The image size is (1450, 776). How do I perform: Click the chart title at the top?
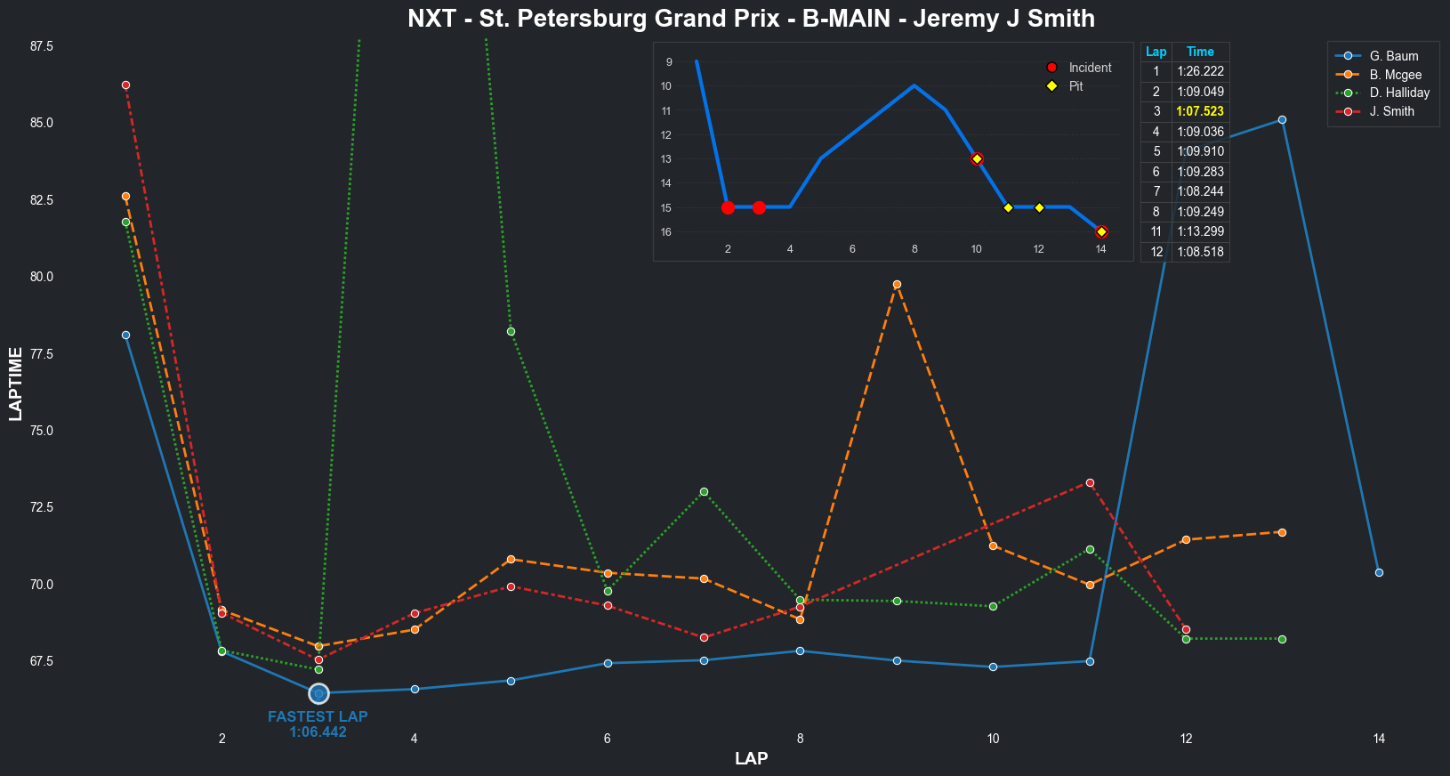(751, 19)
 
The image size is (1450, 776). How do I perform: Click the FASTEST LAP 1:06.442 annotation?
(318, 724)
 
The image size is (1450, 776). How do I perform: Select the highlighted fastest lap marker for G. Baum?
(318, 693)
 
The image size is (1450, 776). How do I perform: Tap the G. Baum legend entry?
(1393, 56)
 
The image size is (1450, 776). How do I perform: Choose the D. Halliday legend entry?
(1399, 93)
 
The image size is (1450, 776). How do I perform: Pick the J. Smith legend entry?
(1391, 111)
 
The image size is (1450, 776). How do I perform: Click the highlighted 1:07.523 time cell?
(1200, 111)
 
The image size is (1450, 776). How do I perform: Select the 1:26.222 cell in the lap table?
(1200, 71)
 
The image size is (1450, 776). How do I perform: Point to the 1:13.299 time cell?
(1200, 231)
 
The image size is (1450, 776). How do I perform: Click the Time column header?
(1200, 52)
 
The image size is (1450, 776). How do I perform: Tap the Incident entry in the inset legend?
(1090, 68)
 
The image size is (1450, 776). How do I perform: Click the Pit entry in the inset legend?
(1075, 86)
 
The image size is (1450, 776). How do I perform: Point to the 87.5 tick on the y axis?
(42, 46)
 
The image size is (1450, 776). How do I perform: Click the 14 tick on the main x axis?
(1379, 739)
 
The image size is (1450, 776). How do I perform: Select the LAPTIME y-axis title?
(16, 384)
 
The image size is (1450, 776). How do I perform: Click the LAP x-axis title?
(751, 759)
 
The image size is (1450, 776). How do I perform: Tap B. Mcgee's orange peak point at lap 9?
(897, 285)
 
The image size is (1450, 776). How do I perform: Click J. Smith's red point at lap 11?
(1090, 482)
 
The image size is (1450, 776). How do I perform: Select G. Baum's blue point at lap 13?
(1282, 119)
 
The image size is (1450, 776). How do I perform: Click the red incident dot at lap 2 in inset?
(728, 207)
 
